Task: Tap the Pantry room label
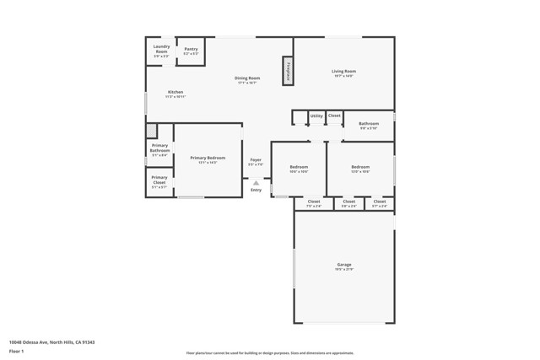coord(192,51)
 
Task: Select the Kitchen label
coord(175,94)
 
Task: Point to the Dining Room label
coord(247,80)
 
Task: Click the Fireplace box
coord(288,71)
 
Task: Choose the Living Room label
coord(343,73)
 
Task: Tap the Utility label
coord(316,116)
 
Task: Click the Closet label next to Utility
coord(334,116)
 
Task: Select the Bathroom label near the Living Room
coord(369,126)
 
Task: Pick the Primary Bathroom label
coord(159,150)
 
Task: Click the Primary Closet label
coord(159,181)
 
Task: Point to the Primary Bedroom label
coord(208,159)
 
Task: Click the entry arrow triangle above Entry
coord(256,182)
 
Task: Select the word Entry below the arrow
coord(256,190)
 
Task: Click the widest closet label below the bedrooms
coord(313,202)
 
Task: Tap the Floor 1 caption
coord(16,351)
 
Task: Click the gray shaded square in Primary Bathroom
coord(152,131)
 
